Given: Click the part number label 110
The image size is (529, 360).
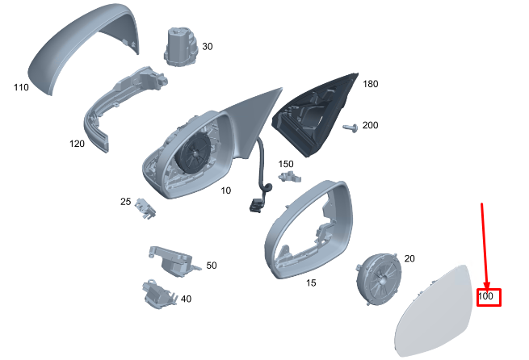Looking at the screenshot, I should [20, 86].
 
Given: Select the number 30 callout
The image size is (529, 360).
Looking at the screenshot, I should [208, 47].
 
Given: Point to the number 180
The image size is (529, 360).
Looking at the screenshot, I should [371, 84].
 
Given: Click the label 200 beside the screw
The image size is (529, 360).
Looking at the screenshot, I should [371, 125].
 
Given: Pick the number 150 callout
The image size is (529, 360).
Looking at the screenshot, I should [286, 164].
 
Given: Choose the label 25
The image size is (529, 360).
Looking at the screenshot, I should [126, 201].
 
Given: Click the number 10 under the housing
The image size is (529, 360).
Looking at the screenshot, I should [226, 190].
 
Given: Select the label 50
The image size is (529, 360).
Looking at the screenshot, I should [212, 265].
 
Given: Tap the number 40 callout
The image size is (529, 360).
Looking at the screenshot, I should [186, 299].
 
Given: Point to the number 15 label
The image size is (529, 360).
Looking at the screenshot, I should [311, 283].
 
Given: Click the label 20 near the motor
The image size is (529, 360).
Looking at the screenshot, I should [409, 258].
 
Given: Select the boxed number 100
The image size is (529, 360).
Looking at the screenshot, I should [487, 297].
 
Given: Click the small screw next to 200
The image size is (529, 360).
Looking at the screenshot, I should [351, 128].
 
